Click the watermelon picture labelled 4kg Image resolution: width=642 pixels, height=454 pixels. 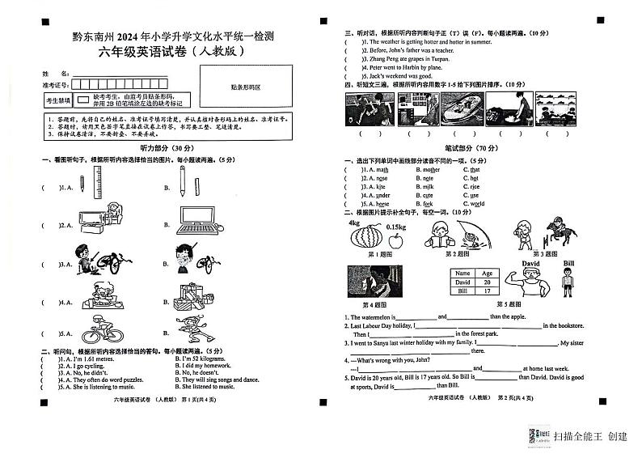click(363, 235)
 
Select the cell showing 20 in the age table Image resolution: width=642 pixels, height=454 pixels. click(487, 282)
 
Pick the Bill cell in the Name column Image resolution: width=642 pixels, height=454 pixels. click(463, 291)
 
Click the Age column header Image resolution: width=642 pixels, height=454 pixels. click(487, 274)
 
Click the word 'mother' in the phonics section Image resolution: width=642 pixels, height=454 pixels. click(432, 170)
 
